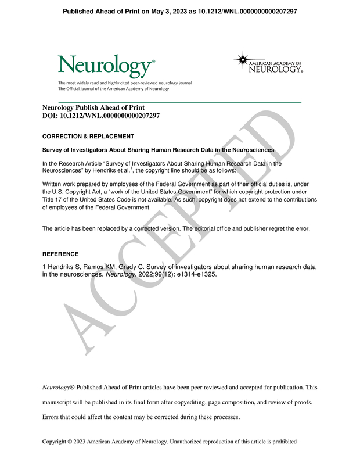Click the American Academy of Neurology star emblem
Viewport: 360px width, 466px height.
coord(243,60)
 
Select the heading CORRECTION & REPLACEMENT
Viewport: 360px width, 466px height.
coord(88,137)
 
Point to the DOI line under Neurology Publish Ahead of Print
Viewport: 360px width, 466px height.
coord(101,116)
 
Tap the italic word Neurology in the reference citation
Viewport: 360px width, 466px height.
coord(119,274)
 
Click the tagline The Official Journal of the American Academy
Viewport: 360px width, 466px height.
coord(113,89)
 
